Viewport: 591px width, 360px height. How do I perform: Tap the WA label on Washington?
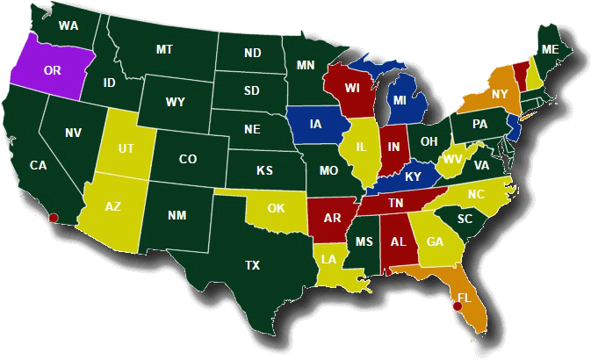[x=68, y=26]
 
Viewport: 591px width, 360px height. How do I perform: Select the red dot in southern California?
[x=54, y=217]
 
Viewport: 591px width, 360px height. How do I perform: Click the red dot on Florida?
[x=457, y=307]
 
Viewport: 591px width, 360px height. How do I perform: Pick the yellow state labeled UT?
[x=127, y=148]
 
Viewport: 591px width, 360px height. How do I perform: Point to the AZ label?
[x=113, y=207]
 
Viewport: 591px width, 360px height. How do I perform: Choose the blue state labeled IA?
[x=315, y=125]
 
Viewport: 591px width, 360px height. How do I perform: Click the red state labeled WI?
[x=352, y=89]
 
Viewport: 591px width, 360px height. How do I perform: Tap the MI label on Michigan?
[x=400, y=101]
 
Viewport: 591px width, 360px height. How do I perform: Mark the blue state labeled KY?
[x=413, y=176]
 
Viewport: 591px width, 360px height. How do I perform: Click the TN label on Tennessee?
[x=396, y=203]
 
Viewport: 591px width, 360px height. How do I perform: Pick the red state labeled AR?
[x=332, y=218]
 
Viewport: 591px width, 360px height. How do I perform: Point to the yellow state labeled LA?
[x=329, y=259]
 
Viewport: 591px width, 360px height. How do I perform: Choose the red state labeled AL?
[x=398, y=242]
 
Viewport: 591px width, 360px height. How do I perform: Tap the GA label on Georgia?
[x=435, y=241]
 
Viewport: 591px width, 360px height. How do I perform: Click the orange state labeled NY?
[x=499, y=94]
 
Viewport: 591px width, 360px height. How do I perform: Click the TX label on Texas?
[x=252, y=264]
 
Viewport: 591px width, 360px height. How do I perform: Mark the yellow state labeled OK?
[x=277, y=209]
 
